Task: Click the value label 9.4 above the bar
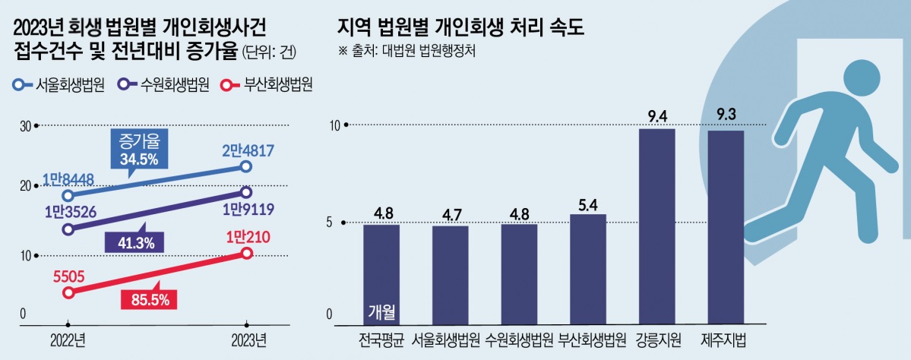tap(656, 116)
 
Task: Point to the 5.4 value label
tap(587, 204)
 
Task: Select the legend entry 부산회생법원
tap(266, 84)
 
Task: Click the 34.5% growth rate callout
tap(138, 151)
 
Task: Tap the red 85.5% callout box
tap(149, 299)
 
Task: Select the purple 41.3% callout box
tap(138, 243)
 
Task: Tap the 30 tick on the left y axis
tap(24, 126)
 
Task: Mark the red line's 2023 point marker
tap(246, 253)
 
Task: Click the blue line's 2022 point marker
tap(68, 196)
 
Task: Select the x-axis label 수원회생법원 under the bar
tap(519, 339)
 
